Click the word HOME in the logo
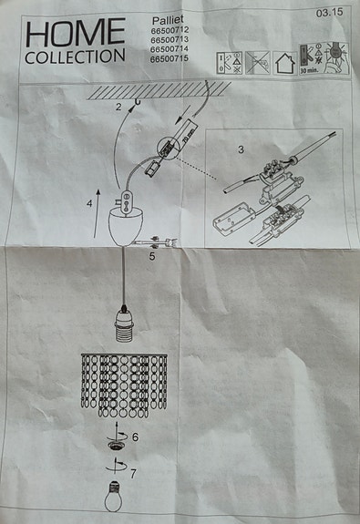pyautogui.click(x=76, y=34)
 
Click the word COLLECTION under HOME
pyautogui.click(x=76, y=57)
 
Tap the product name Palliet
pyautogui.click(x=166, y=18)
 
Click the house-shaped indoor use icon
pyautogui.click(x=283, y=62)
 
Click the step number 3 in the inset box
pyautogui.click(x=241, y=148)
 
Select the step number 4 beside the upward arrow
pyautogui.click(x=88, y=204)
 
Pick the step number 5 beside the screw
pyautogui.click(x=152, y=257)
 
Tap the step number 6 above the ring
pyautogui.click(x=135, y=437)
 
